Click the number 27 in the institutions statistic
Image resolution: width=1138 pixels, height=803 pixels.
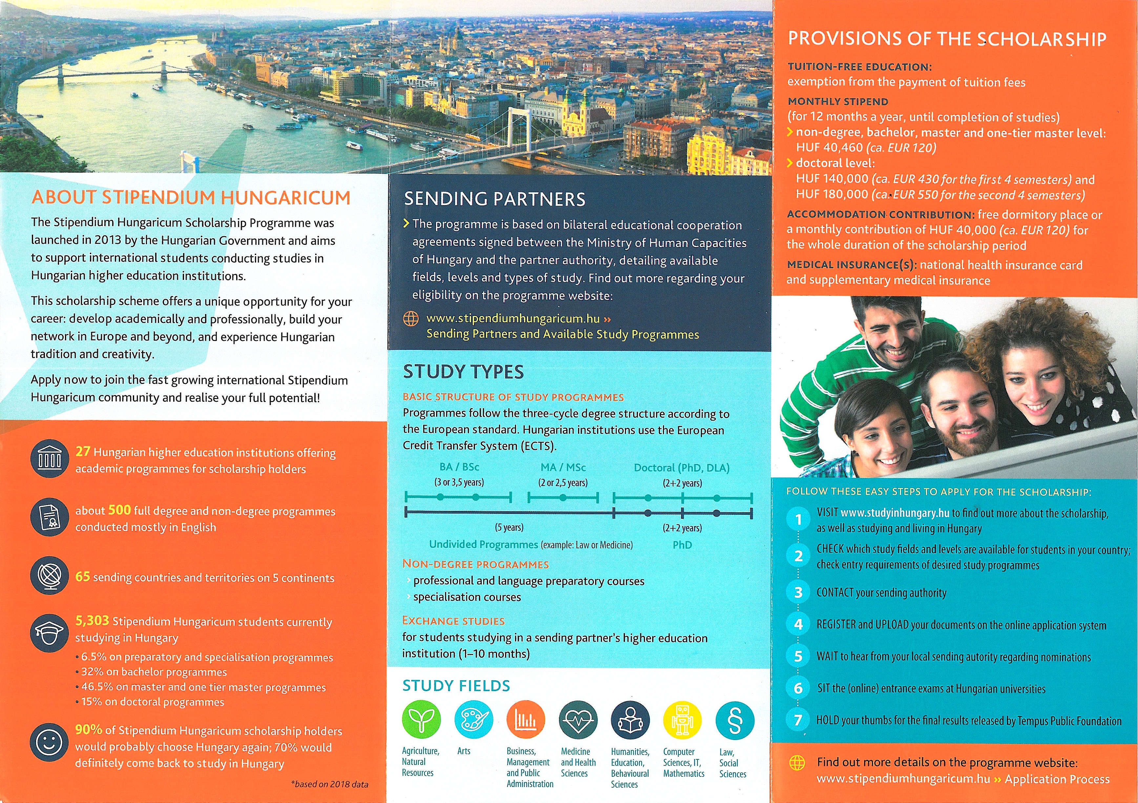(x=82, y=452)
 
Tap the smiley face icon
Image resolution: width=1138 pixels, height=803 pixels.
(x=49, y=742)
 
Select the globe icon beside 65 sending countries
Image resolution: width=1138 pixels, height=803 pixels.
(x=49, y=576)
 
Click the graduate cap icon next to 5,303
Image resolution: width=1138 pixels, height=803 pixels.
(x=49, y=632)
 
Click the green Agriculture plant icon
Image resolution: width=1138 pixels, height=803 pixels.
(x=421, y=719)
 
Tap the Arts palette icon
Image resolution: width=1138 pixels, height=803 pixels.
(x=473, y=719)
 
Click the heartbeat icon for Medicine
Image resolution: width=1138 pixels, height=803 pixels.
(x=578, y=720)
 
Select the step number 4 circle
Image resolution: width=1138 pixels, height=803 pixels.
(x=798, y=624)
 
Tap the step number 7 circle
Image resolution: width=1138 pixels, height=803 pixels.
(x=798, y=720)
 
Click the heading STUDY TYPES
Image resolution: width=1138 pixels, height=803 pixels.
(x=463, y=372)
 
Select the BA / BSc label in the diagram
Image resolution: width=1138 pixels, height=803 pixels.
(x=459, y=467)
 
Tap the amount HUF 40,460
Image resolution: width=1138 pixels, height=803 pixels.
(x=829, y=148)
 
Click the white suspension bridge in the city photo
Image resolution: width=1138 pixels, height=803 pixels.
(x=515, y=124)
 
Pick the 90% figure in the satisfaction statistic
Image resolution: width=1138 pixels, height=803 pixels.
(x=88, y=729)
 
